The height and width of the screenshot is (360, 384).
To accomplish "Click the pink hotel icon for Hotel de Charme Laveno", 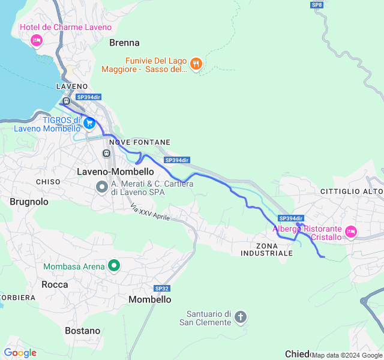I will [x=36, y=40].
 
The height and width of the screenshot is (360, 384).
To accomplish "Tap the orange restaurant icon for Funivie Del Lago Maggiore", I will [x=196, y=64].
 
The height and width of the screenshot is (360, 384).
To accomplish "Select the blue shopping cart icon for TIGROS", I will [x=89, y=124].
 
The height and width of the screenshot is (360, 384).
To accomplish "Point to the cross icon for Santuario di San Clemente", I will [x=241, y=317].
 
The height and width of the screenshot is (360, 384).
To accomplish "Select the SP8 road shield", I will [x=317, y=5].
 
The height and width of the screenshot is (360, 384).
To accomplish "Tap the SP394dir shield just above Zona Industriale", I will [x=292, y=218].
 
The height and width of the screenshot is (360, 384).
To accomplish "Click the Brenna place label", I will [x=124, y=43].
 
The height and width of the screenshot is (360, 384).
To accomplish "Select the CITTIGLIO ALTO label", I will [x=352, y=191].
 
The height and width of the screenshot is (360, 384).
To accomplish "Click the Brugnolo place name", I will [x=29, y=202].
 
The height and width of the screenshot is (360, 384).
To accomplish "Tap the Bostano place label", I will [x=83, y=331].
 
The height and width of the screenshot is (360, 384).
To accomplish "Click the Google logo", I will [x=20, y=353].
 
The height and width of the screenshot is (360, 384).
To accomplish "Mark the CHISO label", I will [x=48, y=181].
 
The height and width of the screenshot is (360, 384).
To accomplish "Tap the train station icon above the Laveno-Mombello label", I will [x=107, y=154].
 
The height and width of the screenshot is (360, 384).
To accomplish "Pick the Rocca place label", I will [x=55, y=284].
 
